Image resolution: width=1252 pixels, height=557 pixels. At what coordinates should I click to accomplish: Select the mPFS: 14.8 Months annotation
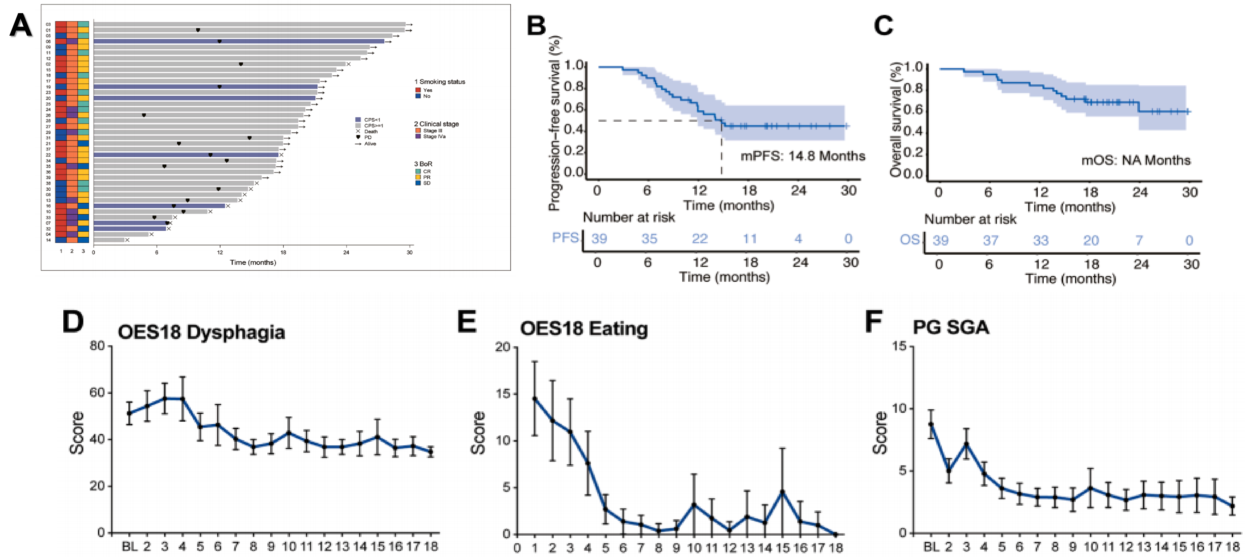(803, 156)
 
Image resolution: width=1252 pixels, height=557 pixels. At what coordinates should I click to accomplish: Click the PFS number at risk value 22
(699, 239)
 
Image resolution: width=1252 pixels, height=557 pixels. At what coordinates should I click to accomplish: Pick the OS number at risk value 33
(1041, 241)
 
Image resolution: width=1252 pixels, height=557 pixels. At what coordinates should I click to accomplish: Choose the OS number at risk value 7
(1139, 241)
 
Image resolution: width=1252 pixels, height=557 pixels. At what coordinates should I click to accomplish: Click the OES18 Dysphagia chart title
(201, 332)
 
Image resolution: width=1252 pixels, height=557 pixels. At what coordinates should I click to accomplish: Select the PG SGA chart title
(951, 327)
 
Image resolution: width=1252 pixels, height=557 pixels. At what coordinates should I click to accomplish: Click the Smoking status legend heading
(439, 82)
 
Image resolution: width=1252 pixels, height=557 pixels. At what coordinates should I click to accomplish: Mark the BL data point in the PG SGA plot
(931, 424)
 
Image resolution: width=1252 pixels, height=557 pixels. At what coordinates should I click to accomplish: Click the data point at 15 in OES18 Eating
(782, 492)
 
